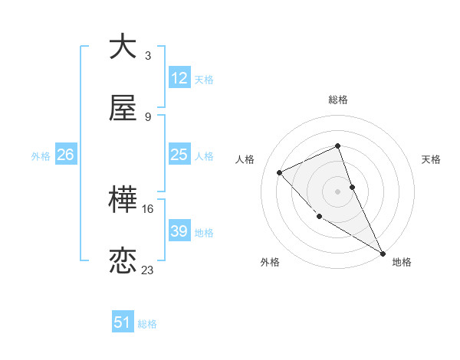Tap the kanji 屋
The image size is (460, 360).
click(123, 110)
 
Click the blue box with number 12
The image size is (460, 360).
click(179, 78)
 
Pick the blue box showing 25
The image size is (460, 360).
click(179, 155)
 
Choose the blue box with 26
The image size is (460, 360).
click(65, 155)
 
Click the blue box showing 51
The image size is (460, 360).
click(123, 323)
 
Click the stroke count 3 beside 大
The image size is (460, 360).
click(148, 56)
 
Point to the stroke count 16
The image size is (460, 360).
click(148, 208)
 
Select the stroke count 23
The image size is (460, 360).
click(148, 270)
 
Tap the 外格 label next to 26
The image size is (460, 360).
click(41, 155)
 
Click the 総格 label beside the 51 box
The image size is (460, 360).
click(147, 324)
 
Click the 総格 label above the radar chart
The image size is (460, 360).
click(338, 100)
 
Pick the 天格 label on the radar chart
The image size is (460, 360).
click(432, 159)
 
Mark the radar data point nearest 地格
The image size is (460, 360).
click(383, 253)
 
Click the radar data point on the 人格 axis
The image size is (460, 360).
click(280, 172)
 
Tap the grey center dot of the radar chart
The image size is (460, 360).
click(338, 191)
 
